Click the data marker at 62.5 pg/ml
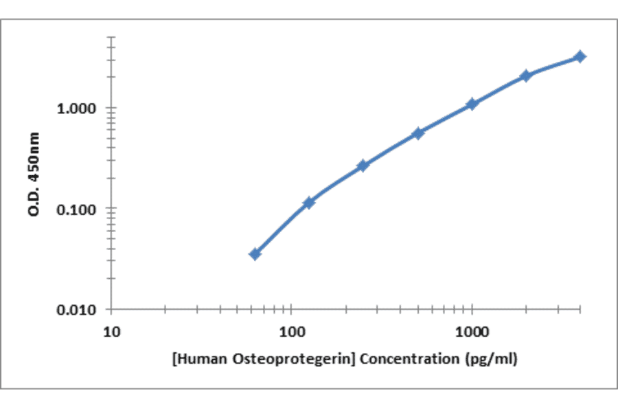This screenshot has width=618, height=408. click(255, 254)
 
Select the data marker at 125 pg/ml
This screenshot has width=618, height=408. click(309, 203)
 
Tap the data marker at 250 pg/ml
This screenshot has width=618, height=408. click(363, 166)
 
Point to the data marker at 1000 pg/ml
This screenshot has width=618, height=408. click(472, 104)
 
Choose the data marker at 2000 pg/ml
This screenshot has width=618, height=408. click(526, 76)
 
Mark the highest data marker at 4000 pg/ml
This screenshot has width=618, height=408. click(580, 56)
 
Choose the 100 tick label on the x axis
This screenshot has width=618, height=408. click(292, 332)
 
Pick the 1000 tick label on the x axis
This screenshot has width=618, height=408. click(472, 332)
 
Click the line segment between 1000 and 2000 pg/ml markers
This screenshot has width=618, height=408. click(499, 89)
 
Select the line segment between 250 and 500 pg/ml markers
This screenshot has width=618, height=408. click(391, 149)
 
